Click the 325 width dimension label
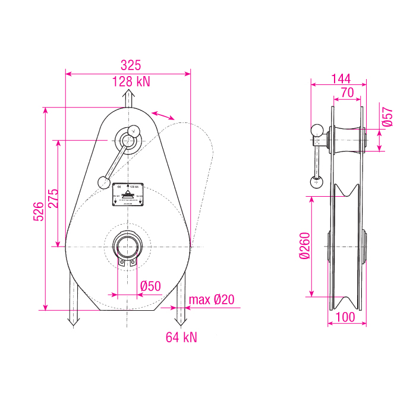point(130,64)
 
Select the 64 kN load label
point(181,338)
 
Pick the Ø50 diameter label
point(150,286)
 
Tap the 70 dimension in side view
point(348,92)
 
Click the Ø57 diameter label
point(387,116)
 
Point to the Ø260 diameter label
point(305,245)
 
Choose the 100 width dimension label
point(346,317)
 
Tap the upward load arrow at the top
point(128,99)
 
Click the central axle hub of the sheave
point(127,246)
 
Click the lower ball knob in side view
point(315,182)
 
